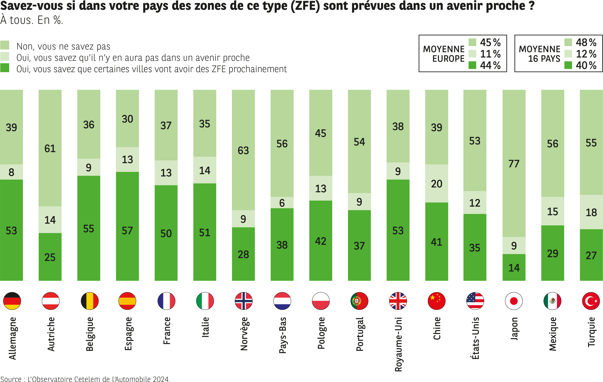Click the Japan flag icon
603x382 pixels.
click(514, 301)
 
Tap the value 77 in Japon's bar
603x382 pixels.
click(514, 164)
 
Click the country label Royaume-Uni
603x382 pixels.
click(398, 344)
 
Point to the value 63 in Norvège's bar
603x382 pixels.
click(243, 150)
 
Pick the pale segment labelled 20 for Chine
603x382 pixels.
click(436, 184)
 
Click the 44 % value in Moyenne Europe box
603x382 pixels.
click(490, 65)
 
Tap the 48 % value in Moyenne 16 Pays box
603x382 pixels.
click(586, 42)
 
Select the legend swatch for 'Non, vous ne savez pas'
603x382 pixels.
click(5, 45)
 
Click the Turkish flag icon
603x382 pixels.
click(591, 301)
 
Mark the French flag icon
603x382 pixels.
click(166, 301)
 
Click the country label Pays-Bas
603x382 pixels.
click(282, 335)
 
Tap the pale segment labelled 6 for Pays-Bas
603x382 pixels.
click(282, 203)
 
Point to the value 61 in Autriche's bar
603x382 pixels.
click(50, 149)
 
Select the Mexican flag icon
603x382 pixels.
click(552, 301)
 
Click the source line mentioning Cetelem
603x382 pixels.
click(85, 379)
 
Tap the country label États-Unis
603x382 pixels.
click(475, 338)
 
